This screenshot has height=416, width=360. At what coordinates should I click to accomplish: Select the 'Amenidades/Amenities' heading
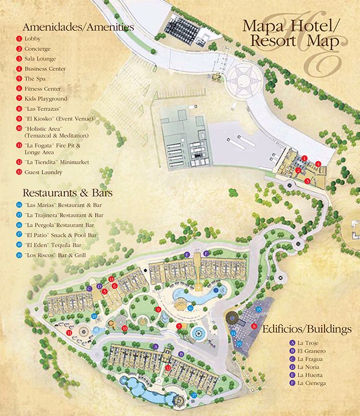[x=78, y=26]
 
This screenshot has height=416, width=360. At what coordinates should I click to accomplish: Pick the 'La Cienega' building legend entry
[x=311, y=383]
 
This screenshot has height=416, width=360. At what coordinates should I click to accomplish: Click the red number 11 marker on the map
[x=69, y=332]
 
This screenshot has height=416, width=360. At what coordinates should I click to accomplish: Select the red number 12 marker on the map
[x=168, y=368]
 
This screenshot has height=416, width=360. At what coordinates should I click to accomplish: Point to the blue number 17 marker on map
[x=194, y=395]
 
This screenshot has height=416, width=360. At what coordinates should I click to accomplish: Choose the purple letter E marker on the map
[x=186, y=253]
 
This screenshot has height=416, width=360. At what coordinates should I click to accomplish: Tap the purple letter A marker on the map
[x=156, y=347]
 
